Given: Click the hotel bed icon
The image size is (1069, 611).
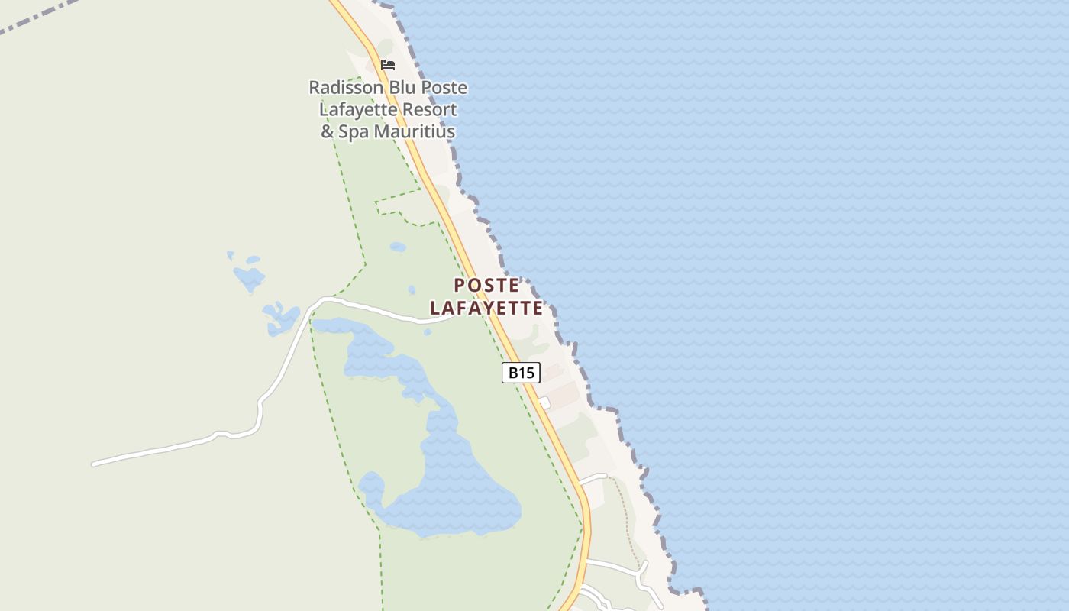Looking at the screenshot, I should (x=388, y=65).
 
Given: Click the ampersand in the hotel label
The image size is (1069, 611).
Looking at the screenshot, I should (x=327, y=132).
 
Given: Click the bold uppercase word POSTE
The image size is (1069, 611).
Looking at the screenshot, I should (x=486, y=286).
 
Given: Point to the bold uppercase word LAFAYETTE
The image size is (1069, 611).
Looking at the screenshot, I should (x=486, y=309).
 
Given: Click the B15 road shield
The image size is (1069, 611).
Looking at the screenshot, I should (x=521, y=373).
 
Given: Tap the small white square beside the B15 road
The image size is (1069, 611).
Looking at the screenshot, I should (x=544, y=402).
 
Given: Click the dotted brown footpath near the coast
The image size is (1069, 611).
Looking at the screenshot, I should (x=626, y=519).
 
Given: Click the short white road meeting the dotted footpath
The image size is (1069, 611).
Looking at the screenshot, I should (x=593, y=478).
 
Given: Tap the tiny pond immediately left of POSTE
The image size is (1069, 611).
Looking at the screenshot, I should (x=412, y=290).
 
